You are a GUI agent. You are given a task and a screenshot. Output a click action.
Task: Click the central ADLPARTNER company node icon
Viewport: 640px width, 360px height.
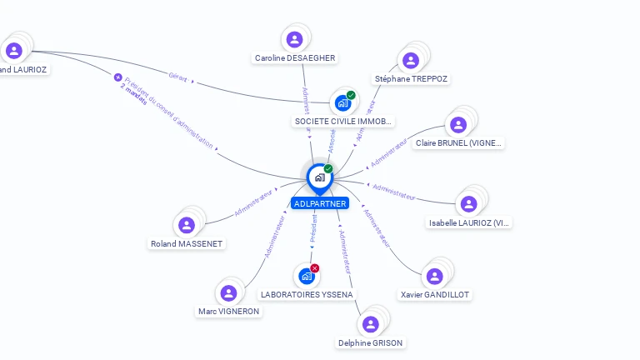(x=318, y=177)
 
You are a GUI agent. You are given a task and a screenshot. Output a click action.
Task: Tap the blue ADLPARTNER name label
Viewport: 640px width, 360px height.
(x=319, y=203)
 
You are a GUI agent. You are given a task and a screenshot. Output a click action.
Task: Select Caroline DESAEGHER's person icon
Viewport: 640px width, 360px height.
(x=294, y=39)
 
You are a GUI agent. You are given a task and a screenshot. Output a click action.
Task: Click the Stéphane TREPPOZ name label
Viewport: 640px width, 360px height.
(x=411, y=79)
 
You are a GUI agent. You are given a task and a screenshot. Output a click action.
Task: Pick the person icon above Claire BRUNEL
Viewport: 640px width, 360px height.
(x=457, y=125)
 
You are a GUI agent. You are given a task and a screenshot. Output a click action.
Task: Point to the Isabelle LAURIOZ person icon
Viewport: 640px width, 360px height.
(x=468, y=204)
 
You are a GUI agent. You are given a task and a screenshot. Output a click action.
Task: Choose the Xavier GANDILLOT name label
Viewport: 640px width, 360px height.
(x=434, y=295)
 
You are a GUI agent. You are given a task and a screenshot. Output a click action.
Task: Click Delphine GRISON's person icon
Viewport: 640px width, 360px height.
(x=371, y=324)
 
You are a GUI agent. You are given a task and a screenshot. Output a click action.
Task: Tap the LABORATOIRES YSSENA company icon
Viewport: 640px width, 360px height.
(x=306, y=276)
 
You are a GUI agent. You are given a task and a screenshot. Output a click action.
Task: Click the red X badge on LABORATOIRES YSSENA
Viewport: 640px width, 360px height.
(x=315, y=267)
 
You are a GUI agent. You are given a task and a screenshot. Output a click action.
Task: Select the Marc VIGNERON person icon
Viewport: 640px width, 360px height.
(x=228, y=292)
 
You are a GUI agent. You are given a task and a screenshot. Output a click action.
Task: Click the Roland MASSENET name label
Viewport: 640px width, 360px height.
(x=187, y=244)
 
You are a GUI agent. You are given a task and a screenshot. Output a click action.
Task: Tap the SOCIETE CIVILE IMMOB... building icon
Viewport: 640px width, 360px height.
(x=342, y=103)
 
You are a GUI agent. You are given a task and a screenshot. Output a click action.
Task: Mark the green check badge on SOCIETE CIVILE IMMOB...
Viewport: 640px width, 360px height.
(x=351, y=95)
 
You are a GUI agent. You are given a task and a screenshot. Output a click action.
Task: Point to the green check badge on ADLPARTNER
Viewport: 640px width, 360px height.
(x=328, y=168)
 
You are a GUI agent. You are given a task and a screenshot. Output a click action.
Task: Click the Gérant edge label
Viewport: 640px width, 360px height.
(x=177, y=76)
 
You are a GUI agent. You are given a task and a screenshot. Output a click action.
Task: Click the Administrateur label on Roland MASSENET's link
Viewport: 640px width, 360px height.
(x=255, y=202)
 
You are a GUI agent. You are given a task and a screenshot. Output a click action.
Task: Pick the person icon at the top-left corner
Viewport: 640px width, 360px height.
(x=14, y=51)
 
